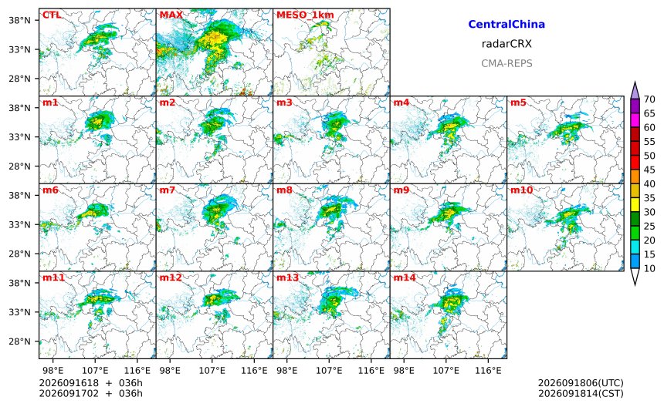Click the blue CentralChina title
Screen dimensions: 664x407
coord(506,24)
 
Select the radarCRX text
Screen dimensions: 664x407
coord(506,43)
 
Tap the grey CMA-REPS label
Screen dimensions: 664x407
coord(506,63)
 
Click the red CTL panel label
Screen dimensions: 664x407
coord(51,15)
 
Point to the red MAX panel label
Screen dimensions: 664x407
coord(171,15)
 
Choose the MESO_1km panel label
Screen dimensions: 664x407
coord(305,15)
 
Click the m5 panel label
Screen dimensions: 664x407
coord(519,103)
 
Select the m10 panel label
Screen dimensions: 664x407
coord(521,190)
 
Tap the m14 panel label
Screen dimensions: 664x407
coord(405,277)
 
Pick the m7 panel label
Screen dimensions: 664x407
coord(168,190)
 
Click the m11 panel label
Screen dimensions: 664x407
coord(53,277)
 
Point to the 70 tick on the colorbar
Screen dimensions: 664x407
coord(649,99)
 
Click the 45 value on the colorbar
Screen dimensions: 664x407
coord(649,170)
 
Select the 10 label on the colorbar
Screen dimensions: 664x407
coord(649,268)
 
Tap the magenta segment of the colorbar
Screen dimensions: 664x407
coord(635,120)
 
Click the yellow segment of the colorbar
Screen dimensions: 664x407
coord(635,205)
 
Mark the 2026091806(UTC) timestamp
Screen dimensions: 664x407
coord(581,383)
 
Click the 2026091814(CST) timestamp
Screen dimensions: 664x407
coord(581,393)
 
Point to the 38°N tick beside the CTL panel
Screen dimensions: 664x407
coord(19,20)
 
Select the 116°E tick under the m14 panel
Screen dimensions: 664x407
coord(488,371)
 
